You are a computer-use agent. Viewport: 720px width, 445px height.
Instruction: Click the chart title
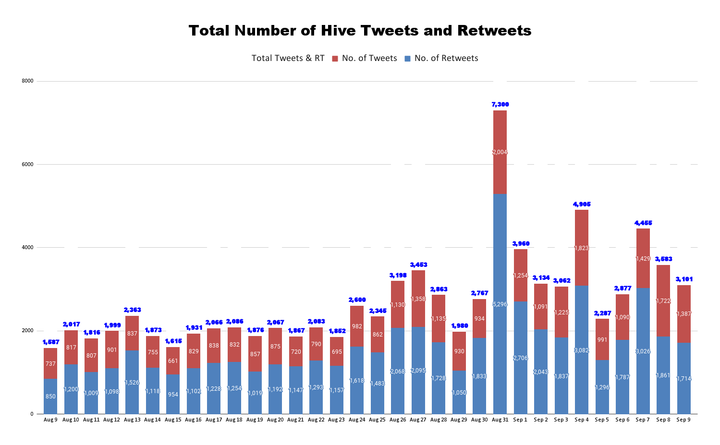click(x=360, y=31)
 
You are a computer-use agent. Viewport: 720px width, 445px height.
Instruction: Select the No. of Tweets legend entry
click(x=369, y=59)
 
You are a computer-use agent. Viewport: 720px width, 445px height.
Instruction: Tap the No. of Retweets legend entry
click(x=446, y=59)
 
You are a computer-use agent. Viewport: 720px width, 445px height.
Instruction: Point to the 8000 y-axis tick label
click(x=28, y=81)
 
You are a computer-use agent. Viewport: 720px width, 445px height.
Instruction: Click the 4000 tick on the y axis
click(x=28, y=248)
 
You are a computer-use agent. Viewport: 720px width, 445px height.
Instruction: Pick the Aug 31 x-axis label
click(x=500, y=420)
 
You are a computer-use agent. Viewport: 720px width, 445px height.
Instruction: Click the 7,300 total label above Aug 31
click(x=500, y=105)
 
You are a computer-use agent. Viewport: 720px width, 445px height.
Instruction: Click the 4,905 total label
click(x=582, y=204)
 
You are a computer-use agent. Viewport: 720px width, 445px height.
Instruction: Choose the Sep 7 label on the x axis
click(x=643, y=420)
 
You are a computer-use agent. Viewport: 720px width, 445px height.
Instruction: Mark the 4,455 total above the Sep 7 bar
click(x=643, y=223)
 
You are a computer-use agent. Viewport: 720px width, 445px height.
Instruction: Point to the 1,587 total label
click(x=50, y=342)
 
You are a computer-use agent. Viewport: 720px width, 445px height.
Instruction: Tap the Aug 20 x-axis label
click(x=275, y=420)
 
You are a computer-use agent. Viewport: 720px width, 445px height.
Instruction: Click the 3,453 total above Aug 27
click(x=418, y=265)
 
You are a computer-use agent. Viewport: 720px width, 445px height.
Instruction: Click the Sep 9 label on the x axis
click(x=683, y=420)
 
